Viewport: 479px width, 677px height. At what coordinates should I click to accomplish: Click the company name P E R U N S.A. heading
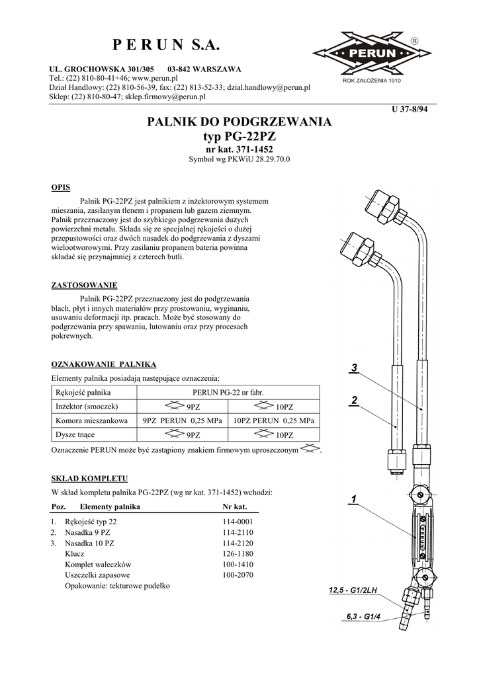pyautogui.click(x=165, y=45)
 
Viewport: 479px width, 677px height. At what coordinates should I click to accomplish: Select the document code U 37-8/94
pyautogui.click(x=411, y=110)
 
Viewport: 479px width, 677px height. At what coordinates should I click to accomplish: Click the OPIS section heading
pyautogui.click(x=61, y=187)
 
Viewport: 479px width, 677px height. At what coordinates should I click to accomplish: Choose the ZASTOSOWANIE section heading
pyautogui.click(x=84, y=285)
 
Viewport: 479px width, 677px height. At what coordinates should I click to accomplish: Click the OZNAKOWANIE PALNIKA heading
pyautogui.click(x=103, y=364)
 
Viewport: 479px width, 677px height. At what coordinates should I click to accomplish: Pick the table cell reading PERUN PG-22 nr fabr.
pyautogui.click(x=228, y=392)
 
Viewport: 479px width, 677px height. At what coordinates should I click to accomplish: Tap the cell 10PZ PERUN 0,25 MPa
pyautogui.click(x=274, y=420)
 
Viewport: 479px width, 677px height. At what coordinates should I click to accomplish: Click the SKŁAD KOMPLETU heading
pyautogui.click(x=89, y=478)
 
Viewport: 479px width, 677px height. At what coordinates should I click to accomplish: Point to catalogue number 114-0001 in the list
pyautogui.click(x=238, y=522)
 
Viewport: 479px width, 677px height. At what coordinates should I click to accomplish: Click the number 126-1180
pyautogui.click(x=238, y=553)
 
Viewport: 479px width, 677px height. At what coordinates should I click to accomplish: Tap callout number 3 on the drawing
pyautogui.click(x=355, y=368)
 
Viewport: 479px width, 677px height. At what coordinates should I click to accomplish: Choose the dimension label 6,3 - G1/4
pyautogui.click(x=364, y=617)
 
